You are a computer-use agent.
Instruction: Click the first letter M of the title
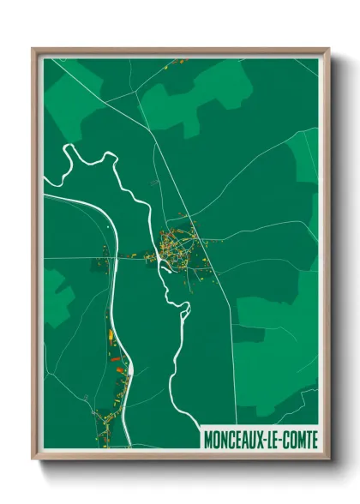click(208, 439)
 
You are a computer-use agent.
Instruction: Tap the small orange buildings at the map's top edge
click(180, 61)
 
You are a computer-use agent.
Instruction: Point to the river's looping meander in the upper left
click(86, 163)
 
